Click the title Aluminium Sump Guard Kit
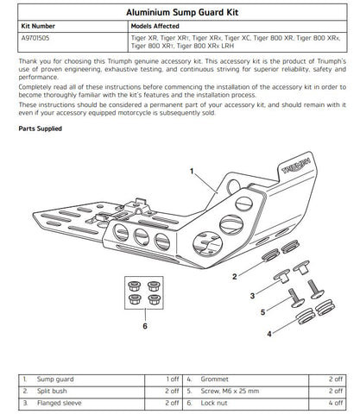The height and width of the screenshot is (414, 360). tap(182, 12)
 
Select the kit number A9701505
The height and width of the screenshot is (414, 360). tap(35, 38)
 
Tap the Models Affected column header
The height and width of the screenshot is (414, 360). tap(155, 26)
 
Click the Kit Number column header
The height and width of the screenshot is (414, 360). tap(38, 26)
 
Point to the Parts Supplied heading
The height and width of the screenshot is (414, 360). tap(41, 129)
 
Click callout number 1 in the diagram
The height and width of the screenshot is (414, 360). tap(192, 172)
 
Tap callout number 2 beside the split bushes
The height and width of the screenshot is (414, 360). tap(235, 277)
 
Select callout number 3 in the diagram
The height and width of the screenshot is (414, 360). tap(252, 296)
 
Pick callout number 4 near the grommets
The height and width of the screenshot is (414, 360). tap(269, 334)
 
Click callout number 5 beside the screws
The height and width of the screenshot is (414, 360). tap(262, 312)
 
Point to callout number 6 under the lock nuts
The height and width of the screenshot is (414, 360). tap(145, 326)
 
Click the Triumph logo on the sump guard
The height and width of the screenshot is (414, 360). tap(296, 166)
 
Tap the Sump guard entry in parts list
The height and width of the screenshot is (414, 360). tap(55, 379)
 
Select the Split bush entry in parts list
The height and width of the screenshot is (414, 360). tap(52, 391)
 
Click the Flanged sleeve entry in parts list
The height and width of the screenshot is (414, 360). tap(59, 403)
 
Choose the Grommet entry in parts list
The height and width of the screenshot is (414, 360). tap(215, 379)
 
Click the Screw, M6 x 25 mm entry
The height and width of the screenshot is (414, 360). tap(230, 391)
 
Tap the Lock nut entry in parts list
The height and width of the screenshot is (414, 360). tap(214, 403)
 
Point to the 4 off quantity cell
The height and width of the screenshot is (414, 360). tap(336, 403)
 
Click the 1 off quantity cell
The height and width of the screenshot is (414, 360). tap(173, 379)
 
